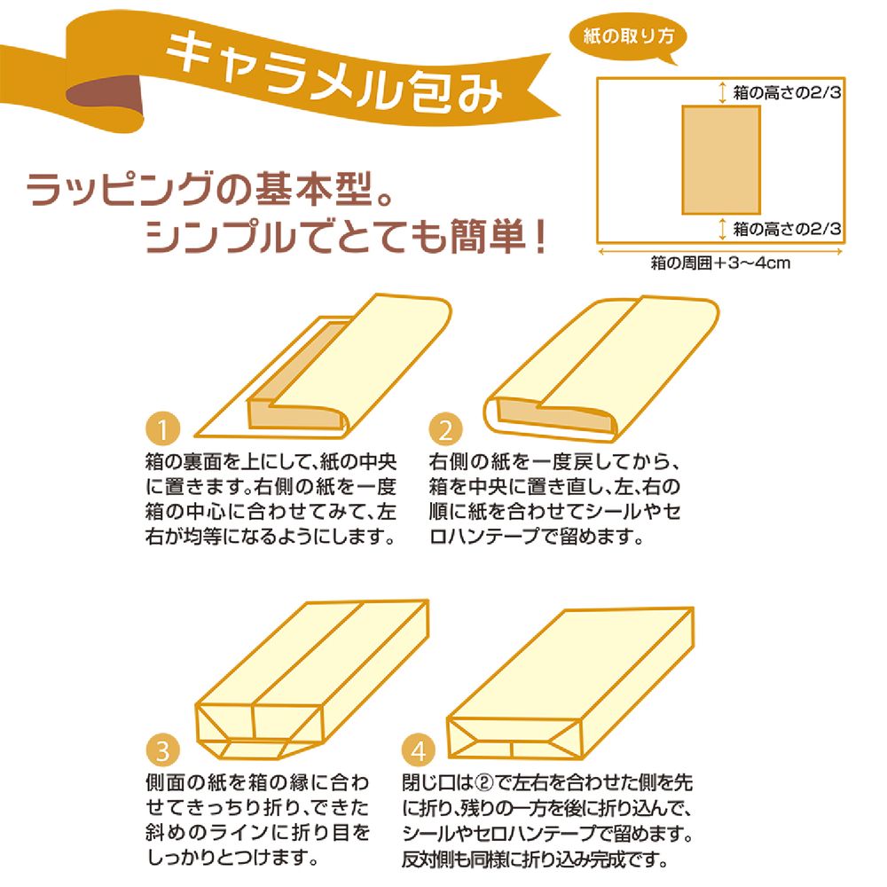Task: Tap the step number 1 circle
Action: tap(162, 430)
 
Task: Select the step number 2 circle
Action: tap(445, 430)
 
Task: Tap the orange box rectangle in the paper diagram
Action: tap(720, 160)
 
